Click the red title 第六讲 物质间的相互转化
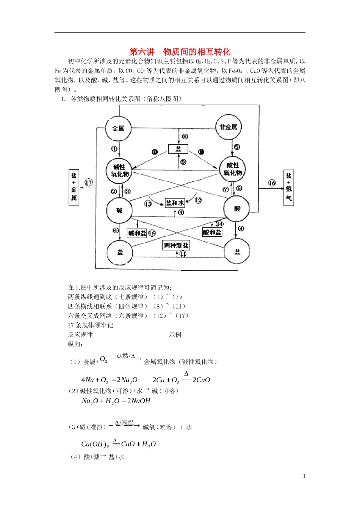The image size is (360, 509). tap(180, 52)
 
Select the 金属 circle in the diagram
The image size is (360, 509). tap(118, 128)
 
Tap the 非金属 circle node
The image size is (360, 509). tap(228, 127)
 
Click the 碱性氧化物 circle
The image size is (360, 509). tap(119, 170)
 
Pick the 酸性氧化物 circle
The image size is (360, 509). tap(232, 169)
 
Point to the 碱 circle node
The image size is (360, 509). tap(119, 211)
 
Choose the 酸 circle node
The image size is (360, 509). tap(237, 209)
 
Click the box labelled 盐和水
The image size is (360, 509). tap(175, 203)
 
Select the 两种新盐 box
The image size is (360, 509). tap(176, 245)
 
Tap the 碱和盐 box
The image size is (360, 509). tap(137, 233)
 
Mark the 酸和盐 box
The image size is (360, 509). tap(212, 232)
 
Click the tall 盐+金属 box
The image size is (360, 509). tap(74, 187)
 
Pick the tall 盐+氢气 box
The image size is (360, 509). tap(289, 187)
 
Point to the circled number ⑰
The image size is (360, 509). tap(89, 183)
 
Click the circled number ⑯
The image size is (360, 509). tap(272, 183)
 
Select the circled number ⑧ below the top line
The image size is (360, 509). tap(185, 136)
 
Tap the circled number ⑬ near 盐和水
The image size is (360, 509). tap(148, 204)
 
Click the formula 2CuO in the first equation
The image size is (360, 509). tap(201, 380)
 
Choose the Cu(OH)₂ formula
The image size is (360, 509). tap(95, 444)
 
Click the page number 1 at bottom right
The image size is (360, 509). tap(304, 476)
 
